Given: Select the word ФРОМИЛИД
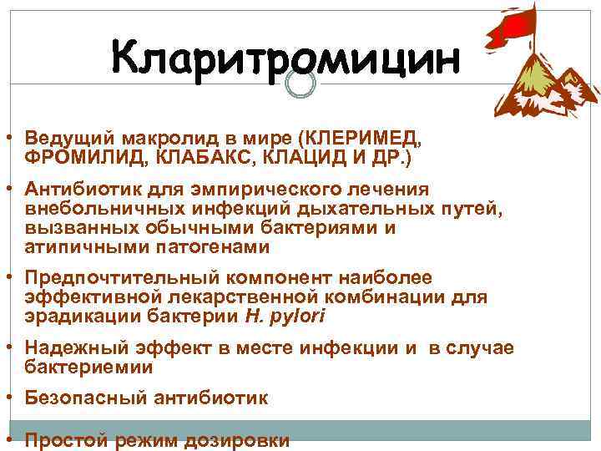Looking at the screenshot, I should coord(73,156).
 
